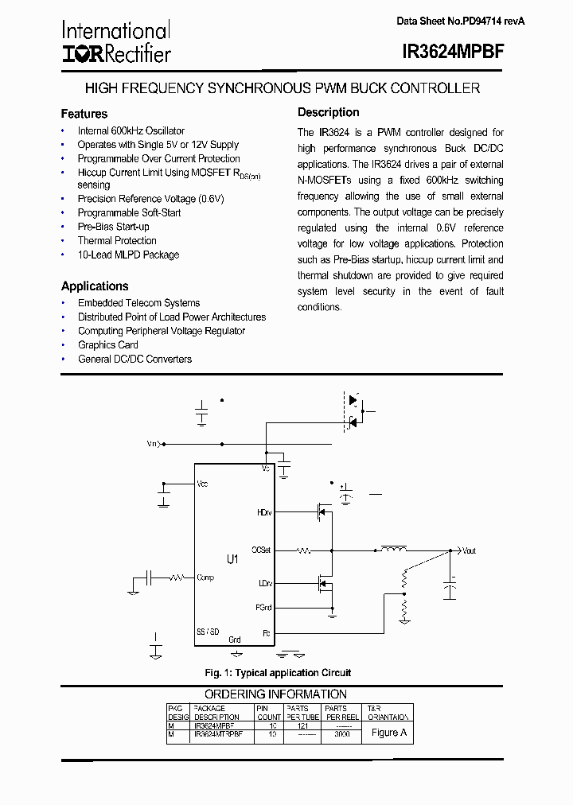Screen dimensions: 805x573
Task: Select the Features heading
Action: coord(84,114)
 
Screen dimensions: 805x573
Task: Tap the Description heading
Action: coord(328,112)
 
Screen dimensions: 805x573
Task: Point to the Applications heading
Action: coord(95,286)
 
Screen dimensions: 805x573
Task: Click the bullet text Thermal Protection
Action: coord(117,240)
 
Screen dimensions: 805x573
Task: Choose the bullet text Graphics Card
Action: coord(108,344)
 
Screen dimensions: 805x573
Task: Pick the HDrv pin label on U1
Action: coord(263,513)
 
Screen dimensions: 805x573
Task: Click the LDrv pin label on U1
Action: coord(264,583)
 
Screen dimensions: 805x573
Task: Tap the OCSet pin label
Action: coord(261,550)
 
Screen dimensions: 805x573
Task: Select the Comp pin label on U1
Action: coord(205,577)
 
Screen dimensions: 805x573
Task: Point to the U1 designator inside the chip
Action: coord(232,560)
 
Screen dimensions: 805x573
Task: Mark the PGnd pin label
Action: coord(263,607)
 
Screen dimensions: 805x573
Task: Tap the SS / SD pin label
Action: coord(207,631)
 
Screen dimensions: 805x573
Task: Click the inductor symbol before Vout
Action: coord(393,548)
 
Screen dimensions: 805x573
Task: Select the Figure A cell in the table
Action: coord(389,733)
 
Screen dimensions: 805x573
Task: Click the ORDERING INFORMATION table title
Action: coord(275,694)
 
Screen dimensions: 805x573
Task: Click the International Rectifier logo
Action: coord(115,42)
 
